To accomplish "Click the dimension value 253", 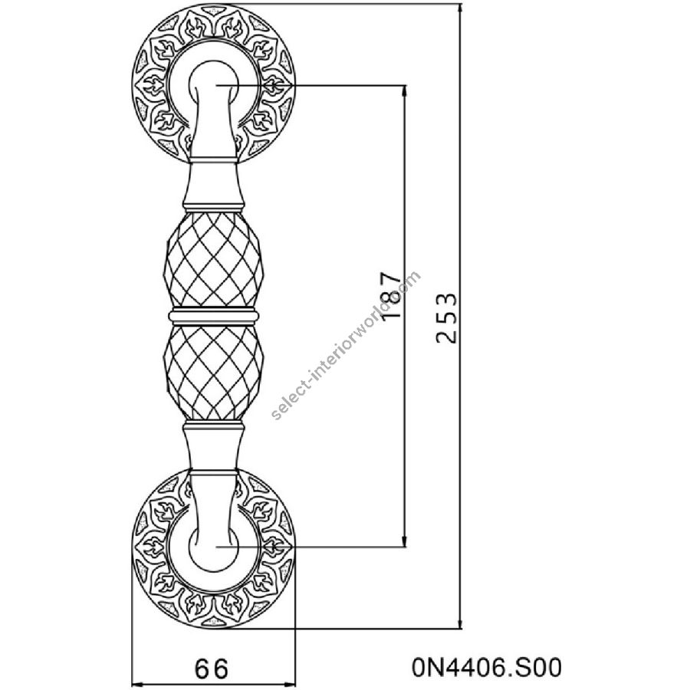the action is pyautogui.click(x=446, y=317).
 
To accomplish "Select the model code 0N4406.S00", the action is pyautogui.click(x=487, y=667).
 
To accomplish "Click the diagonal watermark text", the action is pyautogui.click(x=347, y=346).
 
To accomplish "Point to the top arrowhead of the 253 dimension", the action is pyautogui.click(x=461, y=8).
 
